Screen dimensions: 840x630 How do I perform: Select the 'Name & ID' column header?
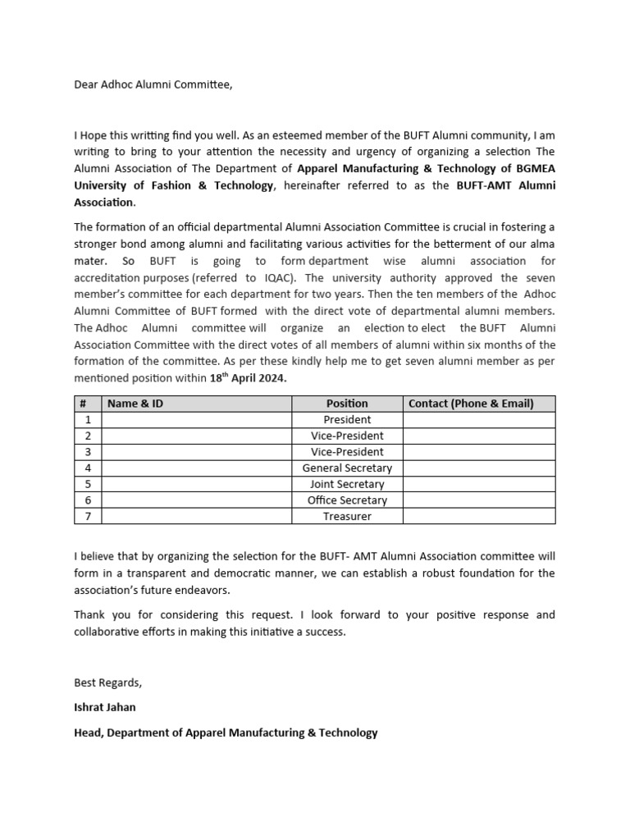[135, 404]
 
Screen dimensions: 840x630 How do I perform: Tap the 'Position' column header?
[347, 404]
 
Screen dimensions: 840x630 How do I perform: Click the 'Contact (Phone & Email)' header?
[471, 404]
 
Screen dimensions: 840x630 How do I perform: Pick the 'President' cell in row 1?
[347, 420]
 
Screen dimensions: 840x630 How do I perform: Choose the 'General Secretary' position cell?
[347, 468]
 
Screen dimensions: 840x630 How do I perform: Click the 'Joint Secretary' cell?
[347, 484]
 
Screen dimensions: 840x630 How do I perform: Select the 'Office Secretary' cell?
[347, 500]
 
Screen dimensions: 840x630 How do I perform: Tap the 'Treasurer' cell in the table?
[347, 517]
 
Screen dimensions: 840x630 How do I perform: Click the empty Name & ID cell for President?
[197, 420]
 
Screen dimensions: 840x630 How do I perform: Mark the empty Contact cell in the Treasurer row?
[479, 517]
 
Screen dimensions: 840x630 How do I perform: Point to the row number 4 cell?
[88, 468]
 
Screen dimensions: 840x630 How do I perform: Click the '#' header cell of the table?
[84, 404]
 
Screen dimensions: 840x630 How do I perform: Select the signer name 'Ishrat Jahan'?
[105, 706]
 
